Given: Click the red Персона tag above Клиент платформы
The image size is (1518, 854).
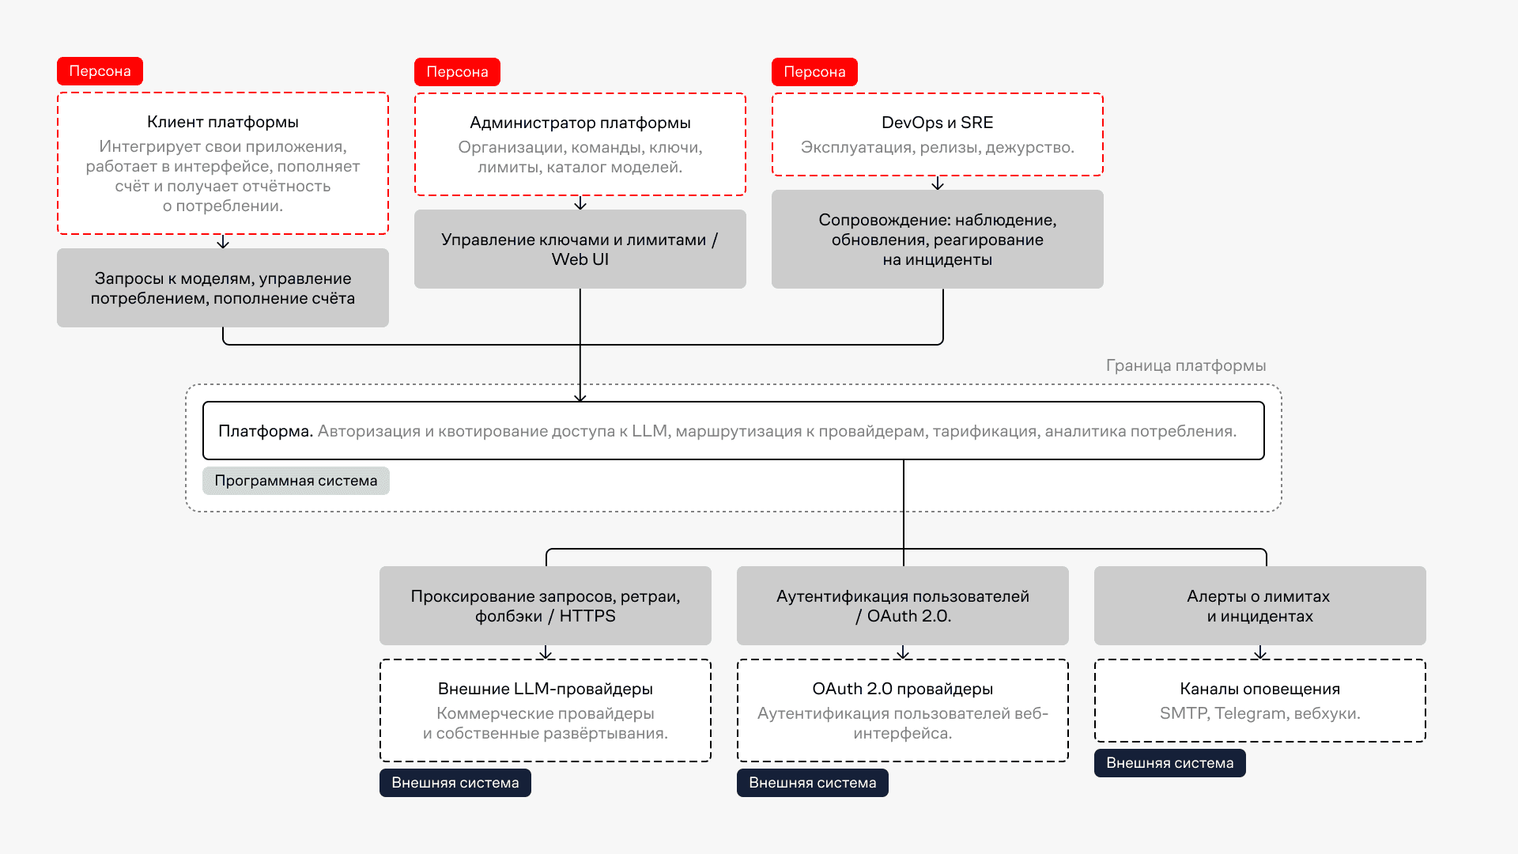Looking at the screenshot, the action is point(100,71).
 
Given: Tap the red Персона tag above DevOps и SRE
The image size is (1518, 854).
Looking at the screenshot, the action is point(814,72).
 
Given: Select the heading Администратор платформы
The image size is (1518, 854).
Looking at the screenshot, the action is point(580,123).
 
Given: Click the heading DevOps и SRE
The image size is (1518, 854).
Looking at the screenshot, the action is point(937,123).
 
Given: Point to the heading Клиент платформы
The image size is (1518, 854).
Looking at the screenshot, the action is point(223,122).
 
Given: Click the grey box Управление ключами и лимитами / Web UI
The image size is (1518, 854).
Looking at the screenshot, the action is point(580,249).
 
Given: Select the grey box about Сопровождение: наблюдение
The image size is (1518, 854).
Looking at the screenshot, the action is point(938,240).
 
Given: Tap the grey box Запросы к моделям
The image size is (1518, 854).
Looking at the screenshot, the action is point(223,288).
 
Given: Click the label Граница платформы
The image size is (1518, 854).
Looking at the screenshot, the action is point(1186,365).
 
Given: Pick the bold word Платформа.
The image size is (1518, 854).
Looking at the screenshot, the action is point(266,431).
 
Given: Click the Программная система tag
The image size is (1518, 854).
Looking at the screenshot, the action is point(296,481).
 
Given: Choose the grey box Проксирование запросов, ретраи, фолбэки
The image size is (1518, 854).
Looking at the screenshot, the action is point(546,606).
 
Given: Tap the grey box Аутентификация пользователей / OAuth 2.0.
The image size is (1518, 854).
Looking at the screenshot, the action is point(903,606).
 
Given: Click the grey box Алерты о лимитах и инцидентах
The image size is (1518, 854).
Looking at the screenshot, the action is point(1260,606).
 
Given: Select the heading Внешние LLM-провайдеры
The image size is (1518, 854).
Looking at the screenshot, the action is point(546,689).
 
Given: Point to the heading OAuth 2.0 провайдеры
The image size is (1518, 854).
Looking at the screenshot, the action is point(903,689).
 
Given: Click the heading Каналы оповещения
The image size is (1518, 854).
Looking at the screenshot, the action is point(1260,689).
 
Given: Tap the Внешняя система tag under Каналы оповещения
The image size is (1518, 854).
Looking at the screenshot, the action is point(1170,763).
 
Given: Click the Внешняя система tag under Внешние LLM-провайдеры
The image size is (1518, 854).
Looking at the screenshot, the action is point(455,783).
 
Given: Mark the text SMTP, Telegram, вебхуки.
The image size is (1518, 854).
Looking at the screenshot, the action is point(1260,713).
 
